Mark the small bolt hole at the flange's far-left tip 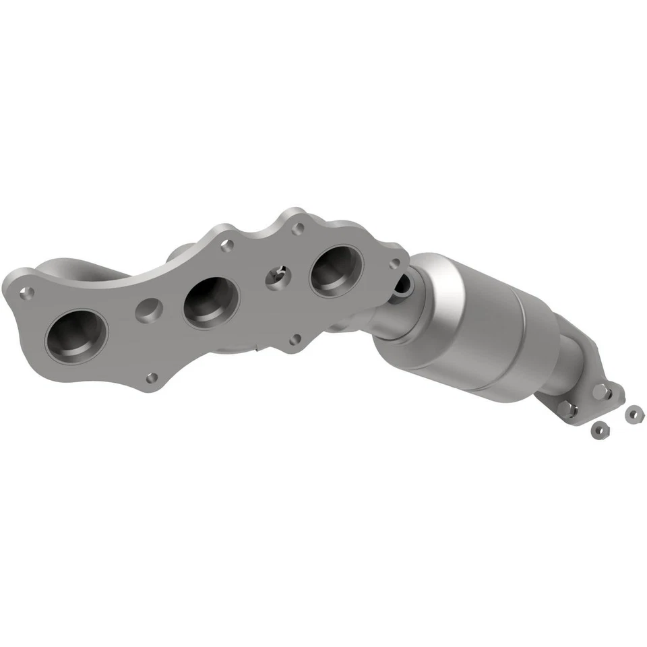tap(28, 292)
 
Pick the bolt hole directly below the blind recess tap(153, 377)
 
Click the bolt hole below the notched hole tap(295, 340)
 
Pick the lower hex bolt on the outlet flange tap(570, 409)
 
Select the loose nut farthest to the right tap(632, 413)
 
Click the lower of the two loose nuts tap(596, 429)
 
